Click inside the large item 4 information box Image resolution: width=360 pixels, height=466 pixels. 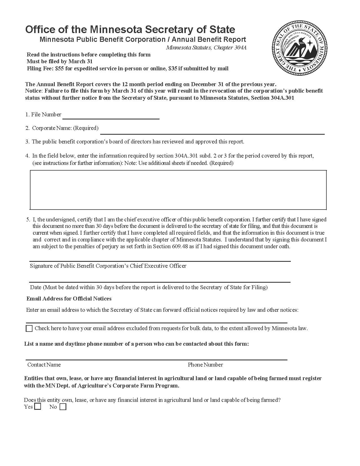pyautogui.click(x=178, y=190)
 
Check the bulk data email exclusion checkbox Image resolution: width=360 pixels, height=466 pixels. pyautogui.click(x=29, y=328)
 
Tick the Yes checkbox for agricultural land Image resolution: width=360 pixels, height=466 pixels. pyautogui.click(x=38, y=407)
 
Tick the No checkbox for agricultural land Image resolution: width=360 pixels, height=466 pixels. pyautogui.click(x=63, y=407)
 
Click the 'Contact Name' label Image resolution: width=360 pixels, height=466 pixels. pyautogui.click(x=44, y=365)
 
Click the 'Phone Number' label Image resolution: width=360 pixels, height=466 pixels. pyautogui.click(x=205, y=365)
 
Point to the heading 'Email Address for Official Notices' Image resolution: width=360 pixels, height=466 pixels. pyautogui.click(x=69, y=299)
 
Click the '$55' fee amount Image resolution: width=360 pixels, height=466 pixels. pyautogui.click(x=60, y=68)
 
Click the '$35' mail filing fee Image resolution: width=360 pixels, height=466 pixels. pyautogui.click(x=173, y=68)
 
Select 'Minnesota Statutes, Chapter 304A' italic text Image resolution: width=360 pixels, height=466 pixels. pyautogui.click(x=206, y=47)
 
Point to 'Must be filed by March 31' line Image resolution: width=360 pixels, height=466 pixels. pyautogui.click(x=60, y=61)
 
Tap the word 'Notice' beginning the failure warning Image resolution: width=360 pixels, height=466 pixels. pyautogui.click(x=33, y=91)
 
